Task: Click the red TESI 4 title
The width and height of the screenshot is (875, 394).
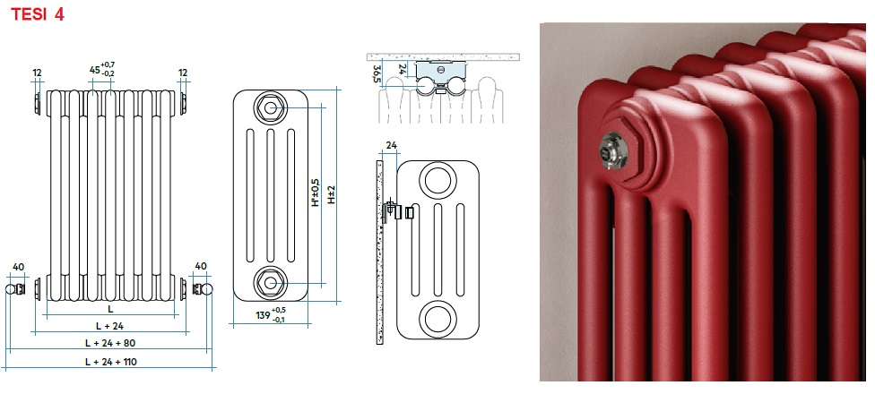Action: (38, 14)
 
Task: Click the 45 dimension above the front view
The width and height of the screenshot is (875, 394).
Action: (95, 70)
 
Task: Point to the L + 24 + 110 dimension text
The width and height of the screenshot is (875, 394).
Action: (111, 362)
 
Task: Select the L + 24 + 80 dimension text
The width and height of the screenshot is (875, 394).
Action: (110, 343)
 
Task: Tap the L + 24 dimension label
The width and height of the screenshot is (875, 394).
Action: (110, 326)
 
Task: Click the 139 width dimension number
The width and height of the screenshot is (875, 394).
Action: (263, 315)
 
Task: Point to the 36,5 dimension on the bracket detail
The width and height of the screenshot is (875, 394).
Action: (377, 73)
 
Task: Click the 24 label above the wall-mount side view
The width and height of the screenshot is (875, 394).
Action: (391, 146)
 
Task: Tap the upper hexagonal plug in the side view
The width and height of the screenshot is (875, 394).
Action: (271, 107)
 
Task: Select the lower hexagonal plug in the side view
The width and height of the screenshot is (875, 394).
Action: (271, 282)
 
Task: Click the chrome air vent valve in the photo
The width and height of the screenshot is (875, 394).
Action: (612, 148)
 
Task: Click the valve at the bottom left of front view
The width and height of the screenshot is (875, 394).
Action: (15, 288)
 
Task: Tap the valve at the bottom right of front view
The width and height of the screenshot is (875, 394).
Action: (204, 288)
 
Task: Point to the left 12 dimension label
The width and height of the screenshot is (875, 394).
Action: (38, 73)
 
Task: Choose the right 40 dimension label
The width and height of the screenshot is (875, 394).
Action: (201, 266)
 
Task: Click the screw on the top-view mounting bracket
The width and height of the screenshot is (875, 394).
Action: (440, 70)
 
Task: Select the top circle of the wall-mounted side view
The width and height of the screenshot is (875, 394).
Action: (438, 180)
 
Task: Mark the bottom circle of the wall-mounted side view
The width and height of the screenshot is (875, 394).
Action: (438, 320)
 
